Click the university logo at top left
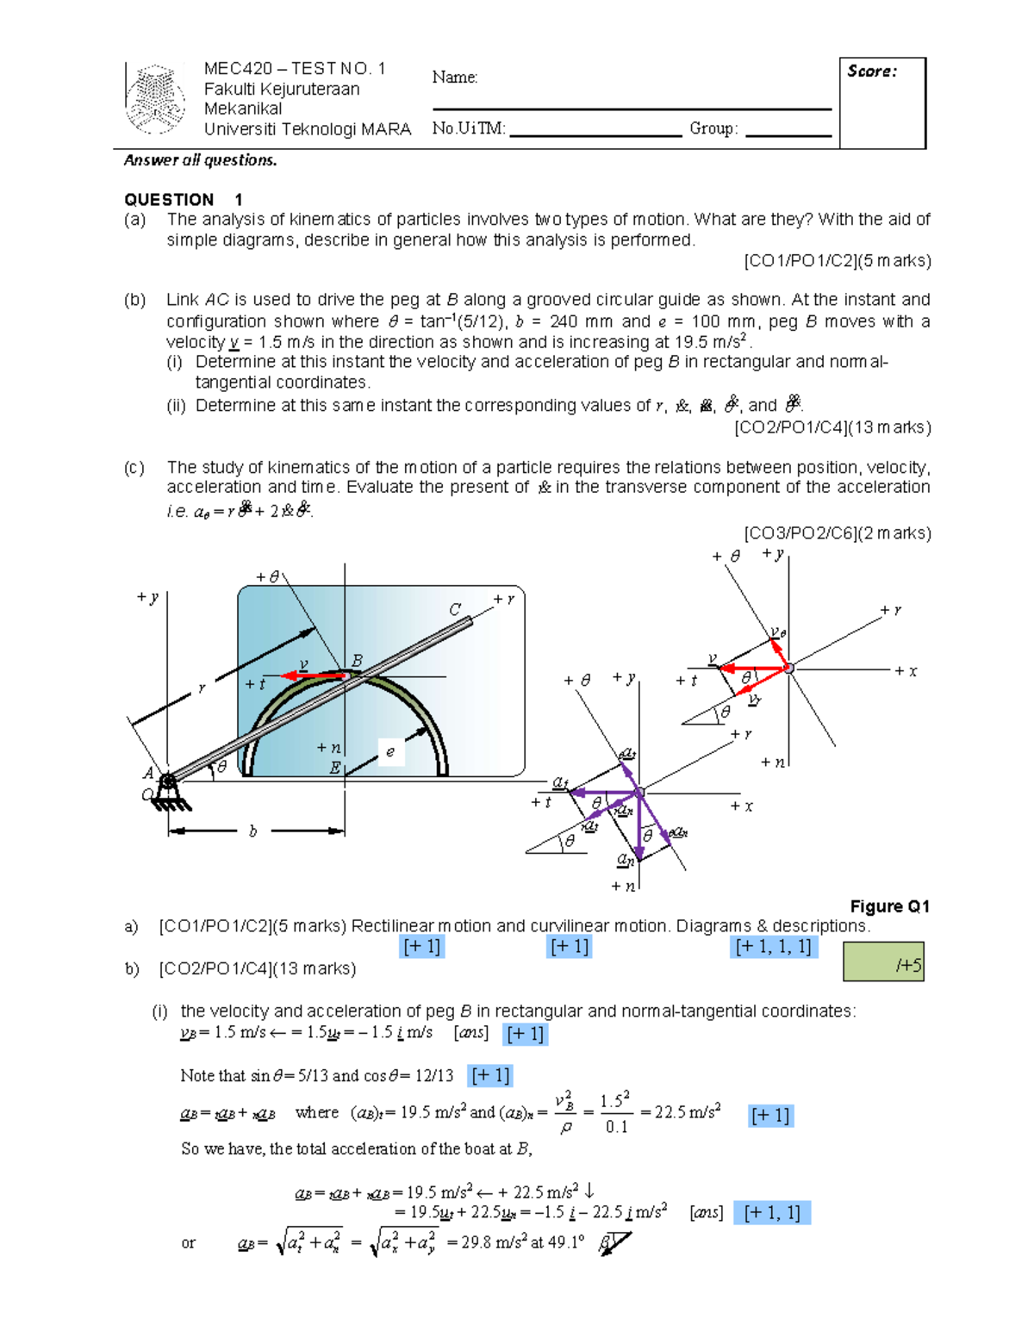point(155,98)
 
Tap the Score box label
point(871,72)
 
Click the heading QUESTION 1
point(183,199)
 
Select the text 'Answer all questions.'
point(200,160)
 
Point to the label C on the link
point(455,609)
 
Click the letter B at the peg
point(357,661)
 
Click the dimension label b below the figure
point(252,831)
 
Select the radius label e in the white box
point(390,752)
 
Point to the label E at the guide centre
point(334,769)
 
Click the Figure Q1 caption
point(889,906)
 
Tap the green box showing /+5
point(883,961)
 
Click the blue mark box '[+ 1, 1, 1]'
point(772,947)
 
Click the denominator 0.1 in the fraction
point(615,1127)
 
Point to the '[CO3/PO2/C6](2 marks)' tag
point(837,533)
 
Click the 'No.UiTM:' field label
point(469,128)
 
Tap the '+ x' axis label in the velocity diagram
point(906,671)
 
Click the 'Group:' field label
point(713,128)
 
